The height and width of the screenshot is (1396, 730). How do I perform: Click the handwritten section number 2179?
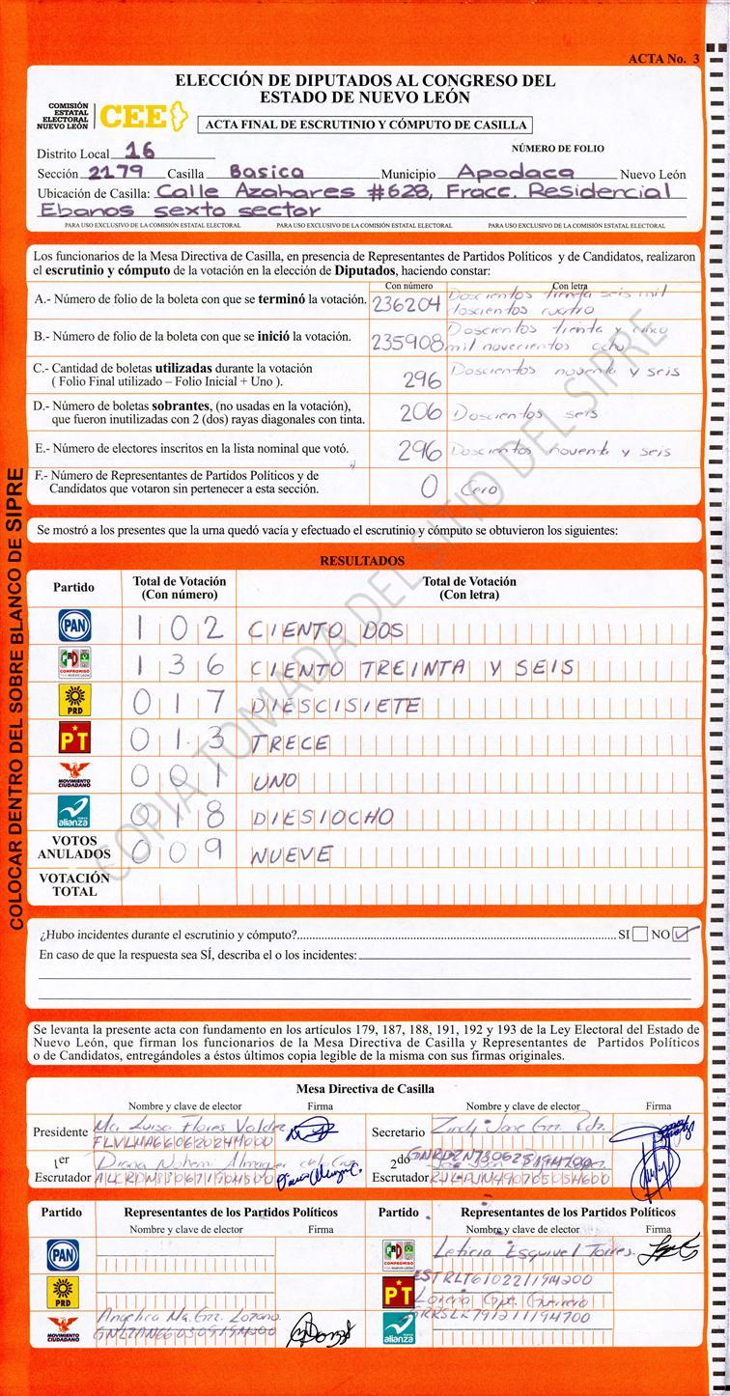[116, 173]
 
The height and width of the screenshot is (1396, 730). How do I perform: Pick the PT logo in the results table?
[74, 740]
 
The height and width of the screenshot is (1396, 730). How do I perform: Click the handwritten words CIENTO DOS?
[325, 632]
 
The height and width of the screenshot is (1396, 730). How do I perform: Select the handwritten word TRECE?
[289, 744]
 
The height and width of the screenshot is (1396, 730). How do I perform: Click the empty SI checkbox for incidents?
[640, 935]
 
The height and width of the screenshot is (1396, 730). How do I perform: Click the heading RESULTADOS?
[362, 561]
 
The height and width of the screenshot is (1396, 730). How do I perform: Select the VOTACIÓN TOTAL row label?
[74, 885]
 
